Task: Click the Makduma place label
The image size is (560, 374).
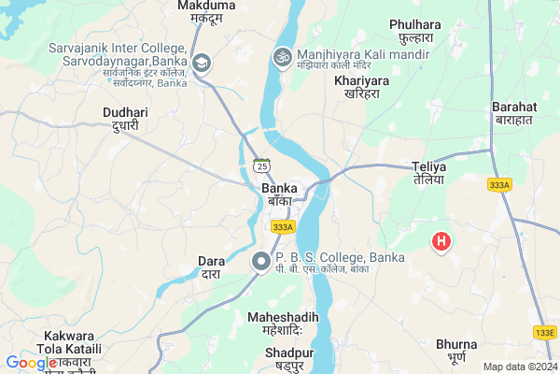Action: click(206, 7)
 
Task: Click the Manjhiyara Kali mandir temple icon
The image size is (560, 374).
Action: click(281, 57)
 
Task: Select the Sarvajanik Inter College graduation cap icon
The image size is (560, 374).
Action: click(201, 63)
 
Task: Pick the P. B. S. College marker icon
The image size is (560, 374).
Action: click(263, 263)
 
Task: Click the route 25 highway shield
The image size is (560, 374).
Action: click(261, 165)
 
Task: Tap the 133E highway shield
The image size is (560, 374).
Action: click(545, 332)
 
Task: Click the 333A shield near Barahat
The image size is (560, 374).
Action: click(499, 185)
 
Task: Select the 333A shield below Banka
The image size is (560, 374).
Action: click(283, 226)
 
